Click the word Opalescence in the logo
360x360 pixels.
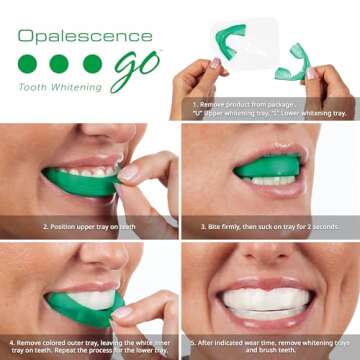click(x=84, y=37)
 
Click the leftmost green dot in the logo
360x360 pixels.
click(x=27, y=64)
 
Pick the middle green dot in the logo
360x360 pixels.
click(x=59, y=64)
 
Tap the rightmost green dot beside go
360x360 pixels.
click(x=92, y=64)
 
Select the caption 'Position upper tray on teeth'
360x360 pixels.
click(x=90, y=227)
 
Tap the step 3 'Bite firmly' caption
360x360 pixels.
click(x=270, y=227)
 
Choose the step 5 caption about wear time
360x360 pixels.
click(x=270, y=347)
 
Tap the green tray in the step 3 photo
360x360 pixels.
click(x=270, y=164)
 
